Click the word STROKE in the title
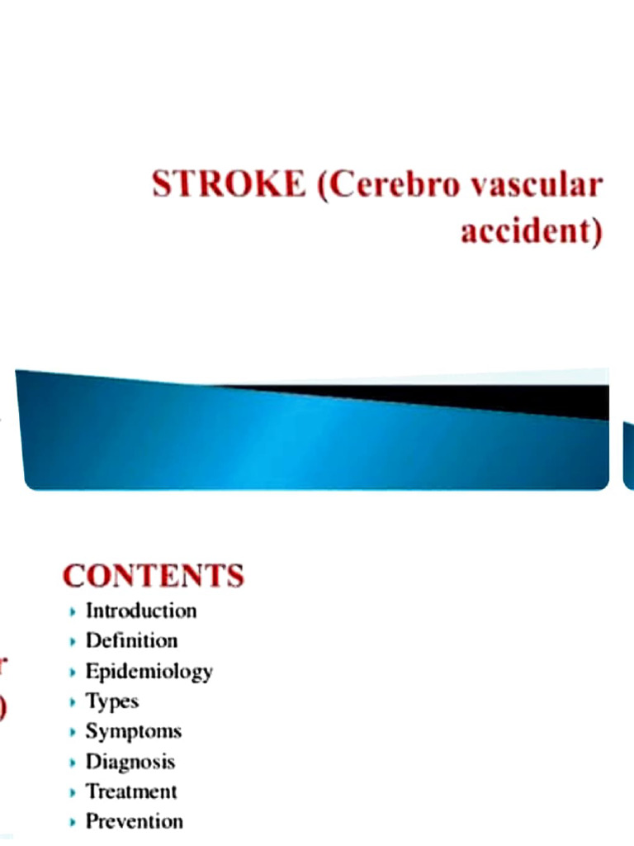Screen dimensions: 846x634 point(228,184)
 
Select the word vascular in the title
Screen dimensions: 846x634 point(536,186)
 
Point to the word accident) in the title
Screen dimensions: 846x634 point(531,231)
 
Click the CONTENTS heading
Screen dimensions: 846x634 point(154,576)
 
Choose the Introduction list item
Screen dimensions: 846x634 point(141,611)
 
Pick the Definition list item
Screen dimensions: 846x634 point(131,640)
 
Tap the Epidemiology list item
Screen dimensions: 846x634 point(149,672)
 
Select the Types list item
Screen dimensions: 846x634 point(111,701)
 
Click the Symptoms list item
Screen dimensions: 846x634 point(133,732)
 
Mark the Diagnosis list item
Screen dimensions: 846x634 point(130,762)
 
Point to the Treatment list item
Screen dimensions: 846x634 point(131,791)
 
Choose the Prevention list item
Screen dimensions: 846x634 point(134,821)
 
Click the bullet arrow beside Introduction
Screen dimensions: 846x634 point(73,612)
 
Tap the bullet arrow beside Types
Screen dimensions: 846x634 point(73,702)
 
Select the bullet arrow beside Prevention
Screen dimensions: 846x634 point(73,822)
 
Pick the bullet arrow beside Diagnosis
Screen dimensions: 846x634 point(73,763)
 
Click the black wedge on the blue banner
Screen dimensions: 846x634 point(495,398)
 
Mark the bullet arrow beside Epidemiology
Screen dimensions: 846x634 point(73,672)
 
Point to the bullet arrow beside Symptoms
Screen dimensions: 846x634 point(73,732)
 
